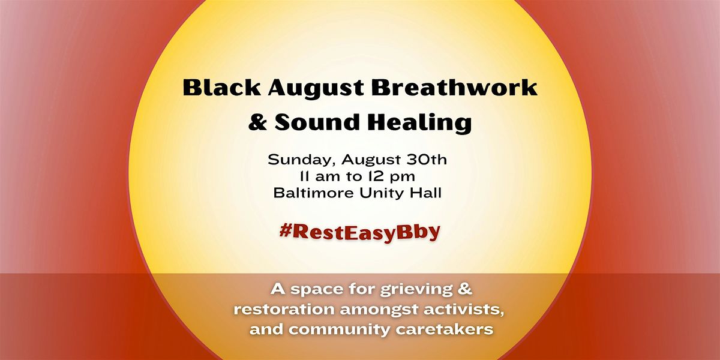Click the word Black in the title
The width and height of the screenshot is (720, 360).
pos(221,87)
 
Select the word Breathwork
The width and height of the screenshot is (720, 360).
pos(455,87)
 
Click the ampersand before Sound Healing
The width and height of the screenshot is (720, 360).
pos(257,122)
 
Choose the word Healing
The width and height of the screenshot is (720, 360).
pos(419,124)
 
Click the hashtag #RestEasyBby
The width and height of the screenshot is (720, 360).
pos(359,232)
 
